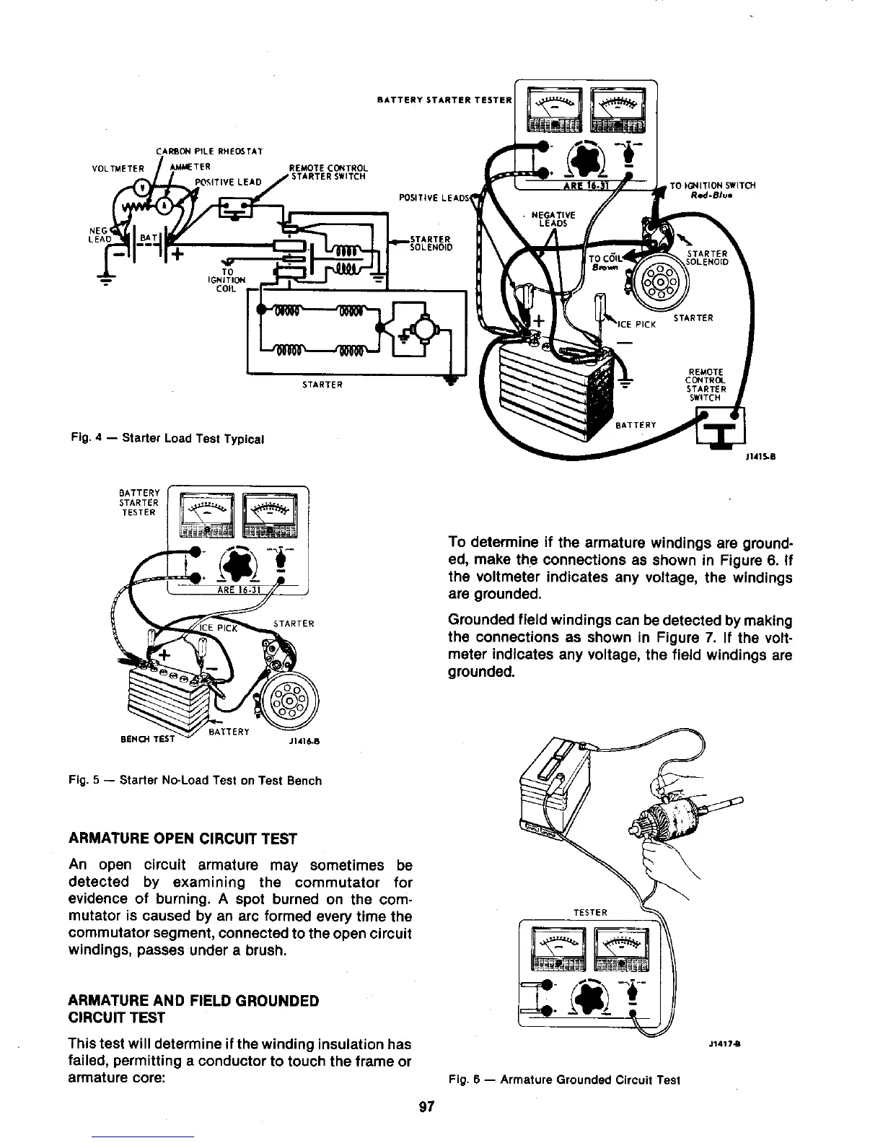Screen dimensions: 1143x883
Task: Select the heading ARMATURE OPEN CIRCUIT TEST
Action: (183, 838)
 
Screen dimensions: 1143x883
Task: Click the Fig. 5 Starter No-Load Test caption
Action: (196, 780)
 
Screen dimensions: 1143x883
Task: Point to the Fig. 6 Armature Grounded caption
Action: (564, 1080)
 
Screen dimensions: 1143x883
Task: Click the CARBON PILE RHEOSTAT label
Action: (208, 151)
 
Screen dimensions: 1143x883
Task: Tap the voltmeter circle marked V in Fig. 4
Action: (143, 184)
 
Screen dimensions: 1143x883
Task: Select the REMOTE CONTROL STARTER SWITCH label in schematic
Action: (328, 172)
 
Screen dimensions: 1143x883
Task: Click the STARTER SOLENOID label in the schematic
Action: (431, 242)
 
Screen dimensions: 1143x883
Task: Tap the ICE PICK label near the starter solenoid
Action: (637, 324)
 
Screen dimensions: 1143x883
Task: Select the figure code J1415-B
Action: (763, 456)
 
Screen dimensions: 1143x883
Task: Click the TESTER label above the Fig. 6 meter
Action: (590, 912)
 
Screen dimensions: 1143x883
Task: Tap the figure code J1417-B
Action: (724, 1043)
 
